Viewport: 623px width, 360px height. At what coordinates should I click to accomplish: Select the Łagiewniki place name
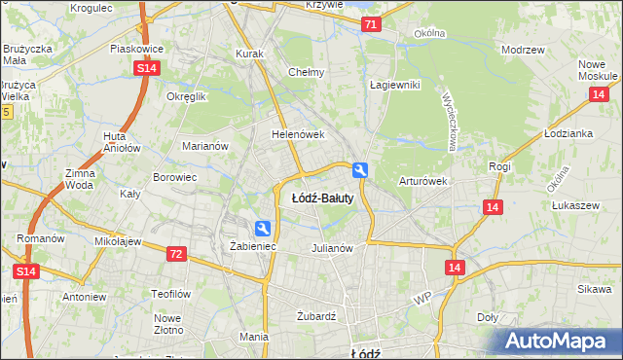[x=394, y=85]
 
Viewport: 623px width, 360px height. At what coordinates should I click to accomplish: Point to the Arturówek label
[x=422, y=181]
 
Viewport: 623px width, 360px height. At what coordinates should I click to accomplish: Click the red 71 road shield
[x=370, y=26]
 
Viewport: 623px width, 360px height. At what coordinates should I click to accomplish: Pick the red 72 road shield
[x=175, y=254]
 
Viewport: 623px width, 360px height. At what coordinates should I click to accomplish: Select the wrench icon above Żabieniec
[x=262, y=229]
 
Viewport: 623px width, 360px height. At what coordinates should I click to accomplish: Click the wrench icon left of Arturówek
[x=361, y=170]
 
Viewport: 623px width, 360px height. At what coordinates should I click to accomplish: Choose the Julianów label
[x=331, y=247]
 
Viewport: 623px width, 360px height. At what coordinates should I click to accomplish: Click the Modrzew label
[x=520, y=50]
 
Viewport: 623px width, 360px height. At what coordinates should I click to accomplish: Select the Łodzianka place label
[x=568, y=133]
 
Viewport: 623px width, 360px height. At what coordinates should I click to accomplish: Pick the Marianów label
[x=205, y=146]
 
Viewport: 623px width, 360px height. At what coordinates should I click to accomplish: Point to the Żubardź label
[x=316, y=316]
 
